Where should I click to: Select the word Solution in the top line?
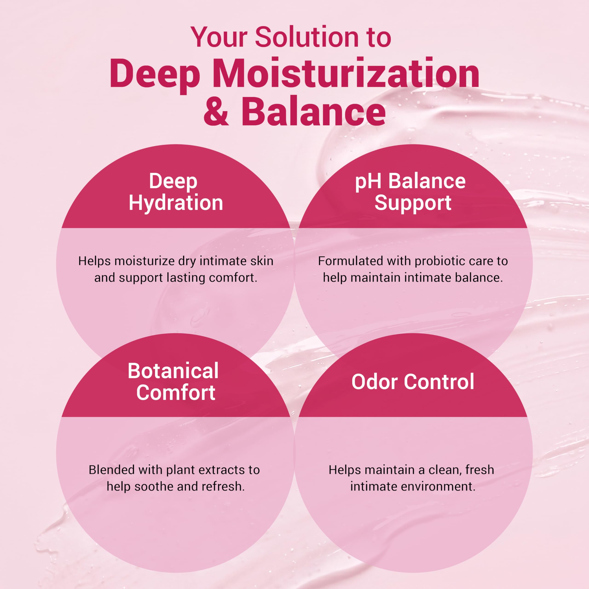click(x=307, y=37)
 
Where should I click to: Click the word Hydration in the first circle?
click(x=176, y=203)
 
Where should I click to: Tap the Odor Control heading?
click(x=413, y=382)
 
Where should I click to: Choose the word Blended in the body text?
click(x=112, y=470)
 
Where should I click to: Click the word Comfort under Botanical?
click(x=176, y=393)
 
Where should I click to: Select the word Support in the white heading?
click(x=413, y=203)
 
